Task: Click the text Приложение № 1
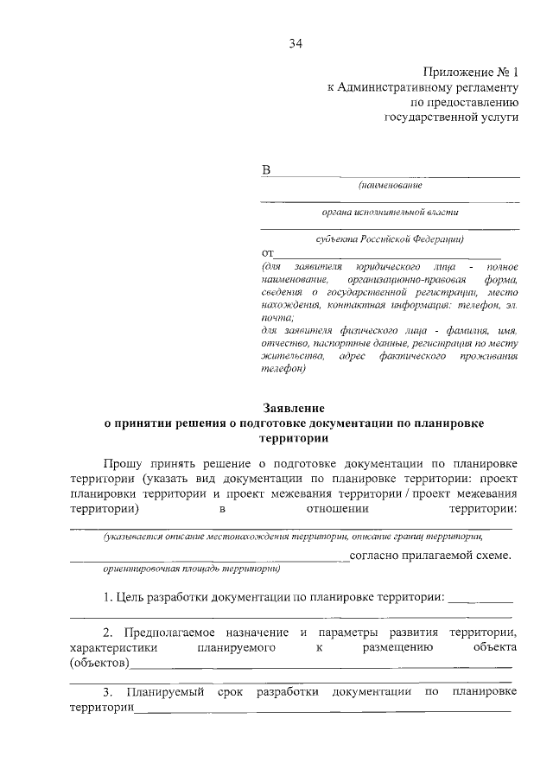tap(470, 73)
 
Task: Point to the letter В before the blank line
tap(266, 170)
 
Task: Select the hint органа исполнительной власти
tap(391, 211)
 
